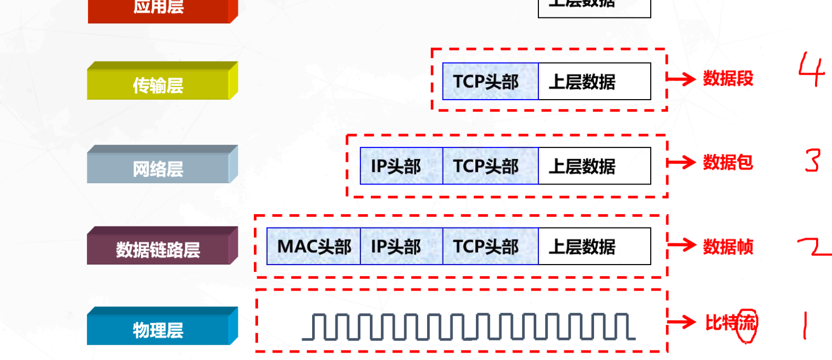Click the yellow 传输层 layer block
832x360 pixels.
pyautogui.click(x=159, y=83)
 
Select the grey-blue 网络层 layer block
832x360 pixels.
pyautogui.click(x=159, y=167)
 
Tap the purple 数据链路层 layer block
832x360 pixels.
pyautogui.click(x=159, y=248)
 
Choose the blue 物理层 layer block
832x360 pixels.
pyautogui.click(x=159, y=329)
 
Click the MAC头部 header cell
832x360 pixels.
pyautogui.click(x=314, y=247)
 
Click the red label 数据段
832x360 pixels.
pyautogui.click(x=728, y=78)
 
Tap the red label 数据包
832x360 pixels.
pyautogui.click(x=728, y=162)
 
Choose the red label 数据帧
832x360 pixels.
pyautogui.click(x=728, y=247)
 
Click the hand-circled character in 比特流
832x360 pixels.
pyautogui.click(x=747, y=322)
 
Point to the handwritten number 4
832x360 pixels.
pyautogui.click(x=811, y=69)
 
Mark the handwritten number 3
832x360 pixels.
pyautogui.click(x=812, y=161)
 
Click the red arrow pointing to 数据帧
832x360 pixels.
pyautogui.click(x=681, y=245)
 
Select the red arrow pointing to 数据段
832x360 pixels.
pyautogui.click(x=681, y=79)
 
